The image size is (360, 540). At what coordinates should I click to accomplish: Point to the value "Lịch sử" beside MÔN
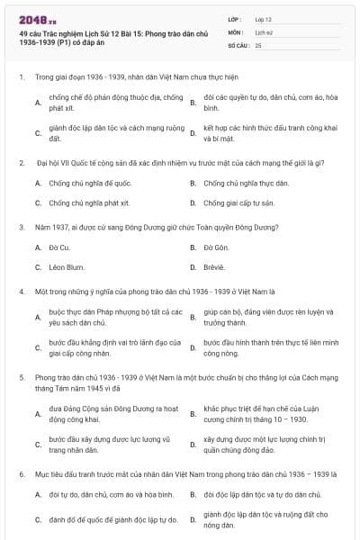pos(264,31)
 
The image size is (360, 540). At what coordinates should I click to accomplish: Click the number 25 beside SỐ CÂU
pos(258,44)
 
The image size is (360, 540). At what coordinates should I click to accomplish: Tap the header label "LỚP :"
pos(236,19)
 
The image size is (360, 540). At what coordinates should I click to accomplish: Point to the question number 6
pos(21,472)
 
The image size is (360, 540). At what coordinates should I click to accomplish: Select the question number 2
pos(21,163)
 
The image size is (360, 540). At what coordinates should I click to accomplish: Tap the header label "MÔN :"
pos(236,31)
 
